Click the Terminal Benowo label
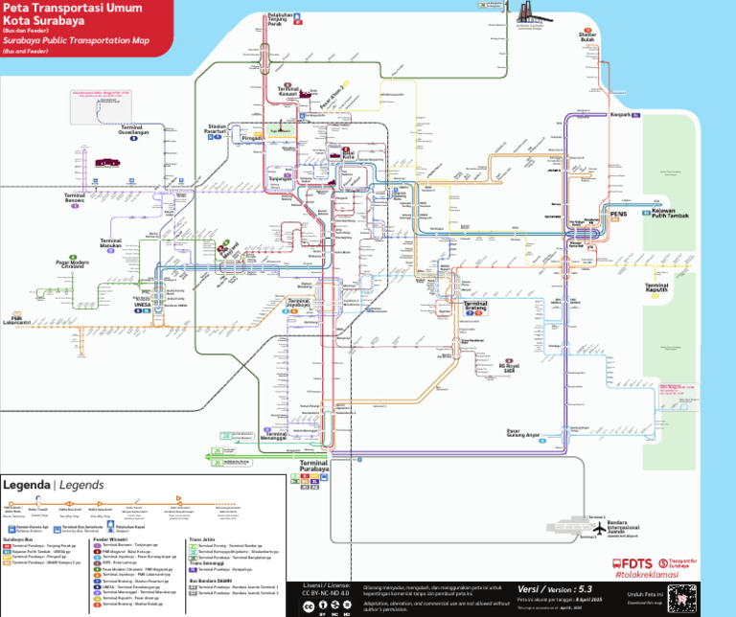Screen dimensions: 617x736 (x=76, y=197)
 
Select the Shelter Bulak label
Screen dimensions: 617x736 (x=587, y=36)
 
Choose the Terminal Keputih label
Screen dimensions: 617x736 (x=657, y=286)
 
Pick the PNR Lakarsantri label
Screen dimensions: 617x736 (x=16, y=320)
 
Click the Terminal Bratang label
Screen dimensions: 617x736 (x=475, y=307)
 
